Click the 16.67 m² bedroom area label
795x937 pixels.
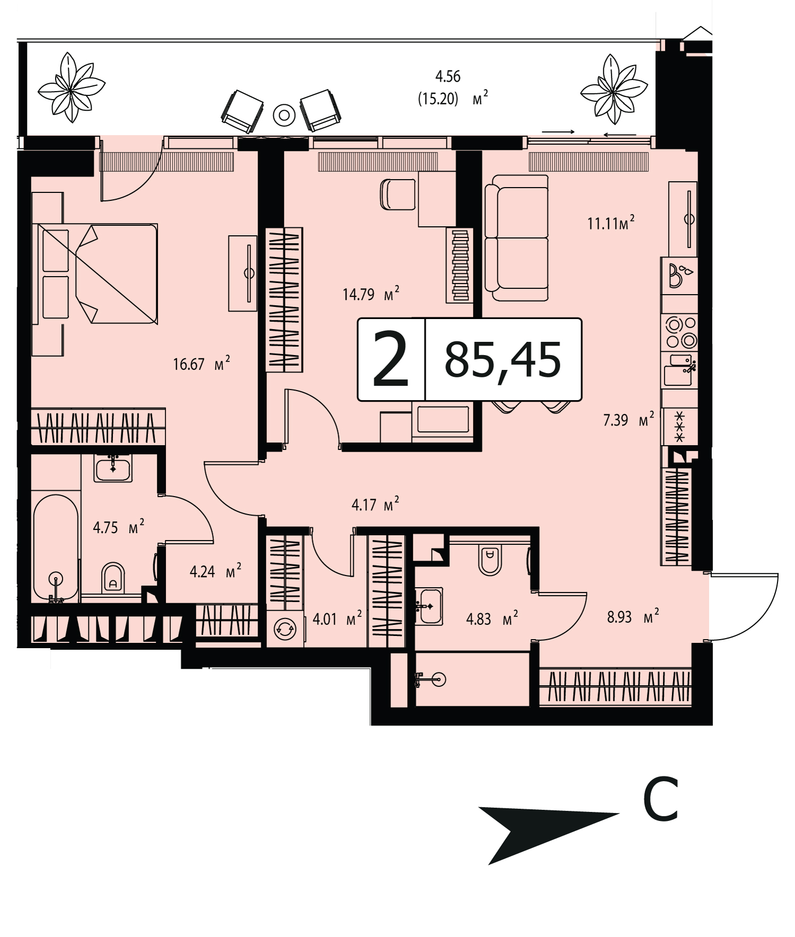201,364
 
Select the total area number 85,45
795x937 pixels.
502,359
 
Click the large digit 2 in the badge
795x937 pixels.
391,359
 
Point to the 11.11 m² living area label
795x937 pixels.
611,223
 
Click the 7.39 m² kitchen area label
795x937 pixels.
629,420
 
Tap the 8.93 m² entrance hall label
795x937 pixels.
633,617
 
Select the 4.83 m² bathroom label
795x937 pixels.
492,618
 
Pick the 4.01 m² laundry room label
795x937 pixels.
338,618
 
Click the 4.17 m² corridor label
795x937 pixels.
375,505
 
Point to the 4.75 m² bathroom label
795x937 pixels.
119,527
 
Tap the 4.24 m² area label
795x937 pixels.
216,572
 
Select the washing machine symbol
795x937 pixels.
285,630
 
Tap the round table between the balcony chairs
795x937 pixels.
284,114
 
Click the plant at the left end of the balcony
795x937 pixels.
72,87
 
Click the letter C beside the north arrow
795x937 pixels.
661,799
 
